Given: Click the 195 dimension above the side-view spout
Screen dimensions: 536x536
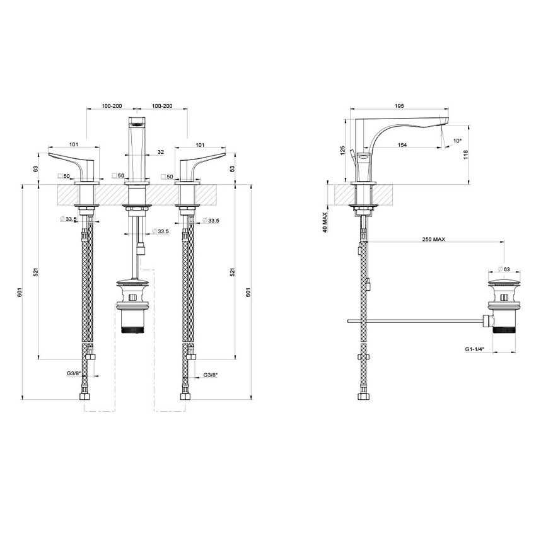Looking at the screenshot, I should [399, 107].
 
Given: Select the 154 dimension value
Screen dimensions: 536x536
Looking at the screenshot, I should [402, 145].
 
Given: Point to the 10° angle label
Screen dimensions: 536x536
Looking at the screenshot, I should [457, 141].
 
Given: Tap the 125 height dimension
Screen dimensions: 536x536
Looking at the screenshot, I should [342, 151].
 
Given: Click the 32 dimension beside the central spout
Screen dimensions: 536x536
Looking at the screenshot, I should [161, 152].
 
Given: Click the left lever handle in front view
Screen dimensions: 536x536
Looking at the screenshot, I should [73, 163].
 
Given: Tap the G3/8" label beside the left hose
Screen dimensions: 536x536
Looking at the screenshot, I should [74, 373].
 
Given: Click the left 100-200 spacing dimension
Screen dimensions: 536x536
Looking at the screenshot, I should [112, 107].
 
